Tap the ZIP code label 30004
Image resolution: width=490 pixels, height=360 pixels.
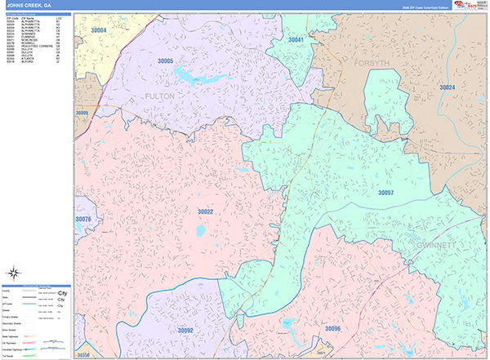click(98, 30)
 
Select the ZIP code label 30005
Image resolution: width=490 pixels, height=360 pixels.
click(166, 61)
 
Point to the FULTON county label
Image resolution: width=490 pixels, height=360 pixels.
click(159, 96)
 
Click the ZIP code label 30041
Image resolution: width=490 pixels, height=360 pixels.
click(296, 39)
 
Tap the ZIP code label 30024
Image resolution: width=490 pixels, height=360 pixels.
click(447, 87)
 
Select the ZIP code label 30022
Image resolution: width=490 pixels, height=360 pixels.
click(205, 211)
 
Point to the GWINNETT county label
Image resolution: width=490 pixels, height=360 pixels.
click(457, 244)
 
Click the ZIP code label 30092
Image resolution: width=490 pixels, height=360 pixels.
click(185, 330)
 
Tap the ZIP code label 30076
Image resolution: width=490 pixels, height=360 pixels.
click(83, 220)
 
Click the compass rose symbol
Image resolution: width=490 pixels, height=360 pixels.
click(13, 274)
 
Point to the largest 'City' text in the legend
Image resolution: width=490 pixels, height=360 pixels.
click(62, 292)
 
